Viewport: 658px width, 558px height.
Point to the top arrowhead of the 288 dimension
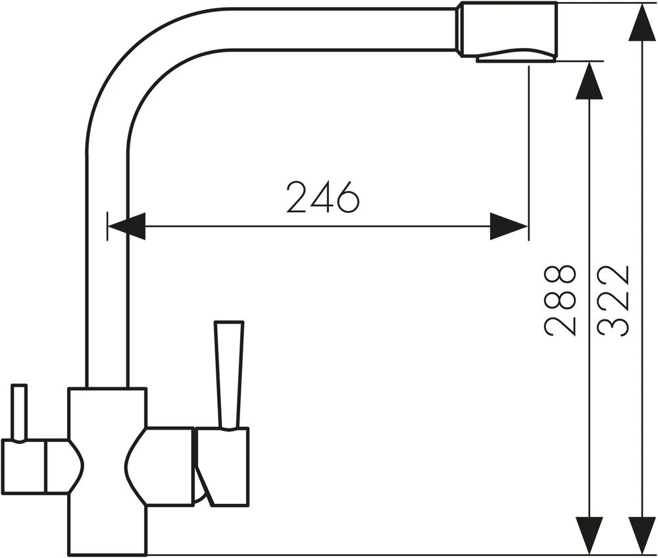coord(590,82)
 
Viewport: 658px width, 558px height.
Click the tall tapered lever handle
coord(230,372)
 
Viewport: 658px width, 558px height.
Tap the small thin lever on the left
coord(19,412)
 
